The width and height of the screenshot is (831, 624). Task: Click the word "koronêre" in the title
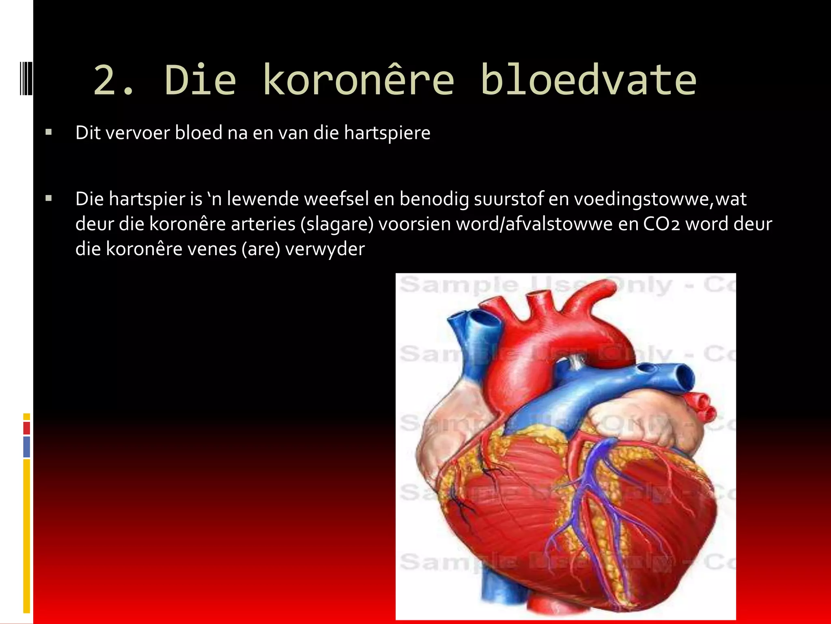(358, 80)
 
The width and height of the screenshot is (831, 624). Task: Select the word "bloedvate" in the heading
(588, 80)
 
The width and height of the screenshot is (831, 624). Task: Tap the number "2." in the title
(114, 80)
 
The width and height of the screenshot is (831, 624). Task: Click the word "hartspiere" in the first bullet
(387, 133)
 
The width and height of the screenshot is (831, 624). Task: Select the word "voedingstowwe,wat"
(660, 199)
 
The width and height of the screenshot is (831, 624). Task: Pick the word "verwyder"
(325, 249)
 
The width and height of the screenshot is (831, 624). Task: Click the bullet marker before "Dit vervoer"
(49, 132)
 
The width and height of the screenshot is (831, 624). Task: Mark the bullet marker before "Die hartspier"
(49, 199)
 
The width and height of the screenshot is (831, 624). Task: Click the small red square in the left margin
(26, 428)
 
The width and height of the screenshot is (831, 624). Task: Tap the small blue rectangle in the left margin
(26, 446)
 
